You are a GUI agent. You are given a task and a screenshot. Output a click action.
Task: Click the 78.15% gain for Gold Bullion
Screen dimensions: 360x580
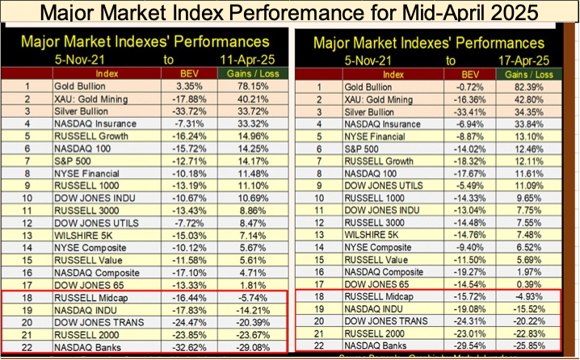tap(253, 85)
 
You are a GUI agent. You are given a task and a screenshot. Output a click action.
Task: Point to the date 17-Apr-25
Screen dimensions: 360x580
tap(528, 57)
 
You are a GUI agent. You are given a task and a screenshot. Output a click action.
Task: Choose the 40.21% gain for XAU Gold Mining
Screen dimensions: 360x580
tap(253, 98)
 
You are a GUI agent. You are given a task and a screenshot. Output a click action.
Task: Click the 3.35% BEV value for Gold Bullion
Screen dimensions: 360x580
tap(191, 85)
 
